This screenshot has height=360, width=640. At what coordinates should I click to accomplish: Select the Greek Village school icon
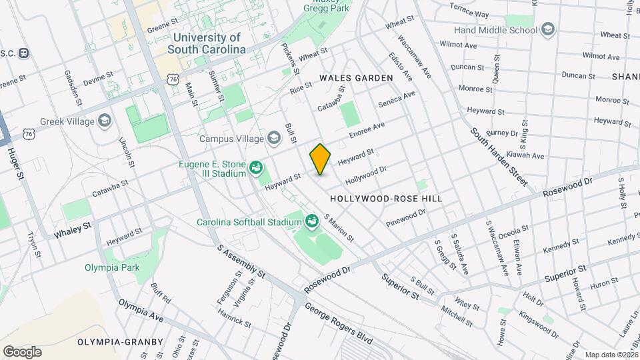coord(104,121)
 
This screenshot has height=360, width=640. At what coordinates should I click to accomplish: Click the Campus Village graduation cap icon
coord(273,138)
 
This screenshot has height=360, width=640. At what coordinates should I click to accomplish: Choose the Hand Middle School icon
coord(547,29)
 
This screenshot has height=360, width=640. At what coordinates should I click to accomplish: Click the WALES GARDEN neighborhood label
coord(356,78)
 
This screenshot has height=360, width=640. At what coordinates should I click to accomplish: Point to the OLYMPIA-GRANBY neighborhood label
coord(120,341)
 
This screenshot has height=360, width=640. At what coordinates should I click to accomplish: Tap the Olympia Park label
coord(112,267)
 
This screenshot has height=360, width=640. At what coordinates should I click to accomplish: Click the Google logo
coord(22,351)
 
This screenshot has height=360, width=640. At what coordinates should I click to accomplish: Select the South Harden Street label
coord(499,157)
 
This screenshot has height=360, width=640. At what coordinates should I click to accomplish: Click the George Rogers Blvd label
coord(339,324)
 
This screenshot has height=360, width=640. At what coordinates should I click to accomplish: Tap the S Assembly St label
coord(241,260)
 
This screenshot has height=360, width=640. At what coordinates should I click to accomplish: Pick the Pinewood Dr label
coord(406,217)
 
